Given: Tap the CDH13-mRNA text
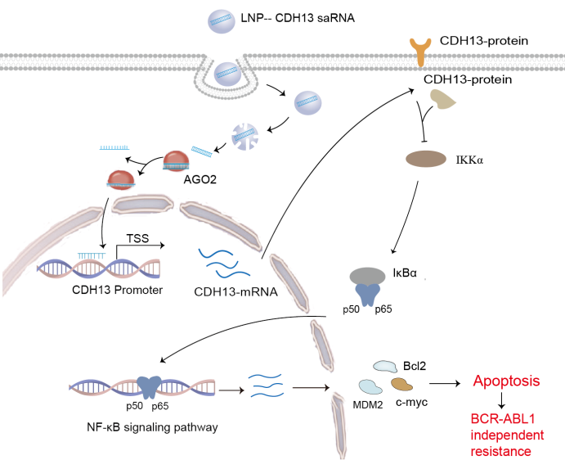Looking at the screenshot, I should tap(234, 291).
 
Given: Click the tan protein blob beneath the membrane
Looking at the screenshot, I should tap(446, 99).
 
